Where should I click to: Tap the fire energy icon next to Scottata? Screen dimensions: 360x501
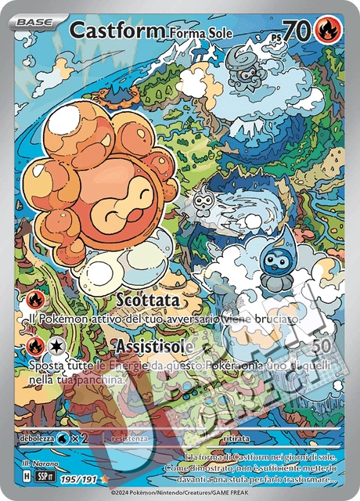[34, 301]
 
